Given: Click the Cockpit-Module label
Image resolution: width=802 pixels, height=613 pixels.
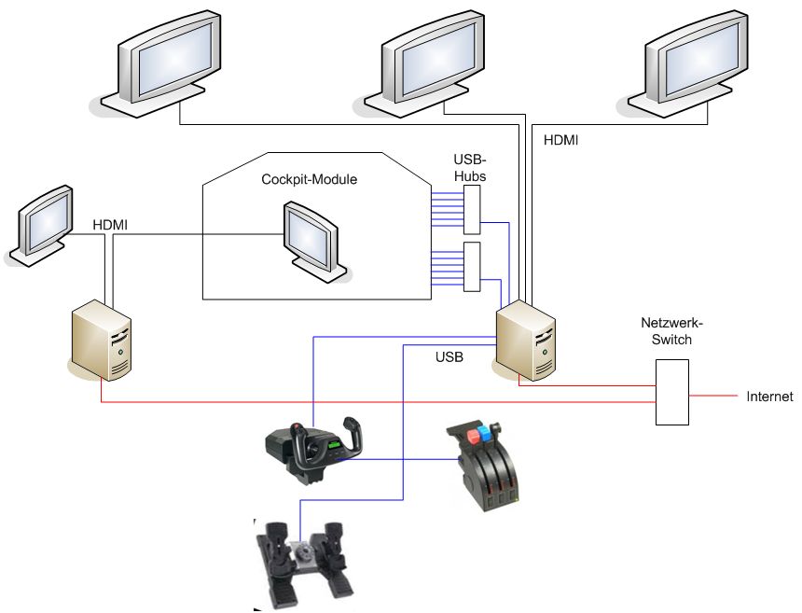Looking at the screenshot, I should click(309, 179).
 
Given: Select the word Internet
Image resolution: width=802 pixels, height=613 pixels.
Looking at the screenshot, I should click(769, 397).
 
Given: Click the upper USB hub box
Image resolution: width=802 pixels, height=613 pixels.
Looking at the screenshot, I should click(471, 208).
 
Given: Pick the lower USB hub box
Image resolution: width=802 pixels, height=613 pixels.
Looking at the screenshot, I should click(471, 269).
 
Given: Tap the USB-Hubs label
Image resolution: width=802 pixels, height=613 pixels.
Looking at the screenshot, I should click(469, 167).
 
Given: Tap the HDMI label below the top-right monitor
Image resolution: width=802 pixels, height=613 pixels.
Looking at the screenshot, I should click(560, 140).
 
